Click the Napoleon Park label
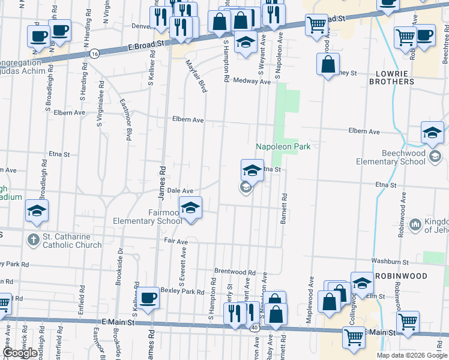pyautogui.click(x=283, y=147)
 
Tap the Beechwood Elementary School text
pyautogui.click(x=390, y=157)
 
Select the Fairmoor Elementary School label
pyautogui.click(x=148, y=217)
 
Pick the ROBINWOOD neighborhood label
pyautogui.click(x=402, y=276)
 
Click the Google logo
pyautogui.click(x=20, y=353)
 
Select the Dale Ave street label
pyautogui.click(x=179, y=190)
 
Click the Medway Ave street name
pyautogui.click(x=252, y=81)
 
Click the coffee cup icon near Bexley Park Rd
pyautogui.click(x=148, y=297)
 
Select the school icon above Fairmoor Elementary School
pyautogui.click(x=191, y=208)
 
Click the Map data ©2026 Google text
pyautogui.click(x=412, y=355)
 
